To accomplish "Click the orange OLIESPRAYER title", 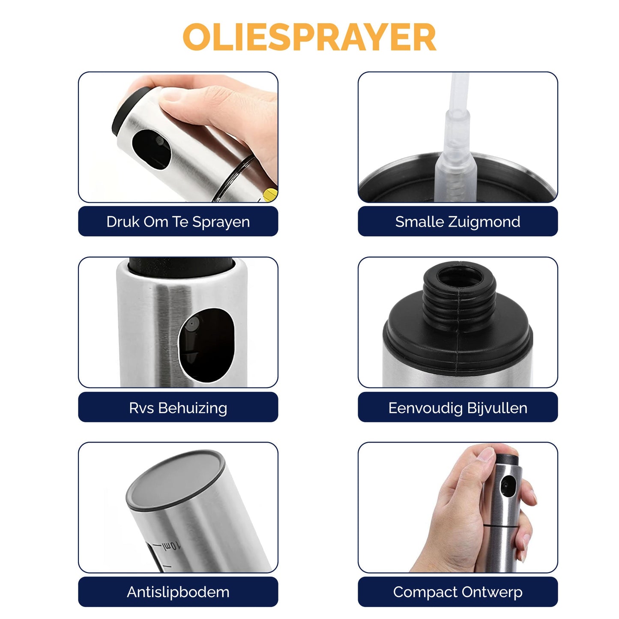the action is [309, 37].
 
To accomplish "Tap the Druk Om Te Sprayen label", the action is [178, 221].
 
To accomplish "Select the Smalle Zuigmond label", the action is [458, 221].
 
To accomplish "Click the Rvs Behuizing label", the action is [178, 408].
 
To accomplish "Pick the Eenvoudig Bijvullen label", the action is [458, 408].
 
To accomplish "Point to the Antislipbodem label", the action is [178, 592].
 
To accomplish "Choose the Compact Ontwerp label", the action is [458, 592].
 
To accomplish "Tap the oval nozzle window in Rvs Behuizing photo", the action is [207, 345].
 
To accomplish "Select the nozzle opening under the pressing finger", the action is [151, 150].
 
